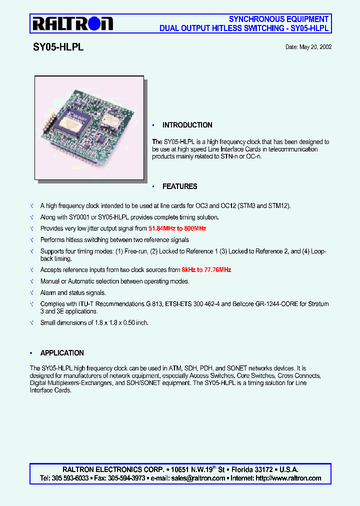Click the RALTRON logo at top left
tap(73, 23)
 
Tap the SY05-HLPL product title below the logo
tap(58, 47)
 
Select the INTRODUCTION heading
tap(187, 125)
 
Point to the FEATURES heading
tap(179, 186)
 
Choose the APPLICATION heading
tap(62, 353)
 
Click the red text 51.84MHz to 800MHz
tap(177, 228)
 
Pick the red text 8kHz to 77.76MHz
tap(206, 270)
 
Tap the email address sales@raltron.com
tap(198, 478)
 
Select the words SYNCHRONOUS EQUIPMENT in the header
tap(278, 19)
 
